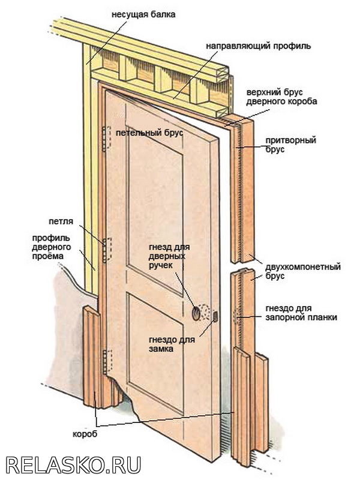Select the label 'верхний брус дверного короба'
tap(281, 97)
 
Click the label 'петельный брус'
tap(150, 132)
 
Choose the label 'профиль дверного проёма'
tap(52, 247)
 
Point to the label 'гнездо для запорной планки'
tap(301, 313)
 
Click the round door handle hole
tap(196, 312)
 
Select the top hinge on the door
tap(107, 139)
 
